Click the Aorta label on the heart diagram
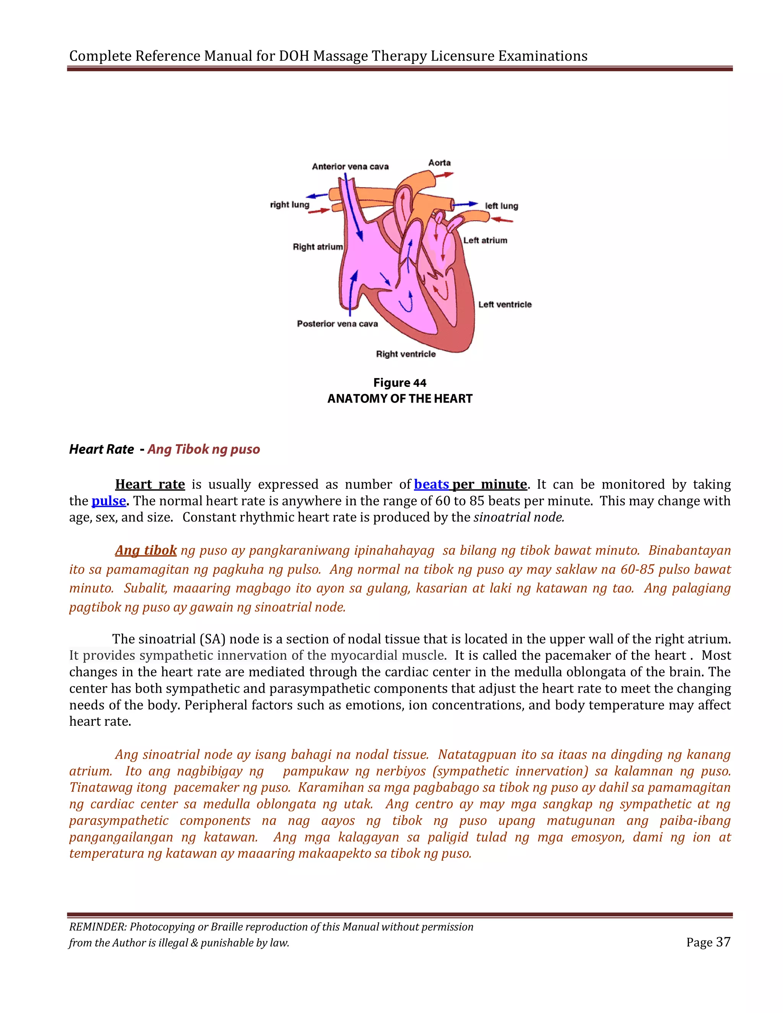[439, 163]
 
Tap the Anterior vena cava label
[350, 167]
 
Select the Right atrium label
[318, 247]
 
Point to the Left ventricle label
[505, 304]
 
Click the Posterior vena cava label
[337, 324]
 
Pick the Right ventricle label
[406, 354]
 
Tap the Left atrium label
[485, 240]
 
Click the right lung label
[289, 205]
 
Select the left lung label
[502, 206]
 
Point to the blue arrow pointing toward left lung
[465, 204]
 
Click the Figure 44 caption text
[400, 383]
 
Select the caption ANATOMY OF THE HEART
[400, 398]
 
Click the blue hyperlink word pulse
[109, 501]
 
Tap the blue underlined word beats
[431, 484]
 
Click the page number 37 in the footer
[723, 942]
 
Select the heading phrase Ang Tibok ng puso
[204, 449]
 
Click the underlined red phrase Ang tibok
[146, 550]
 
